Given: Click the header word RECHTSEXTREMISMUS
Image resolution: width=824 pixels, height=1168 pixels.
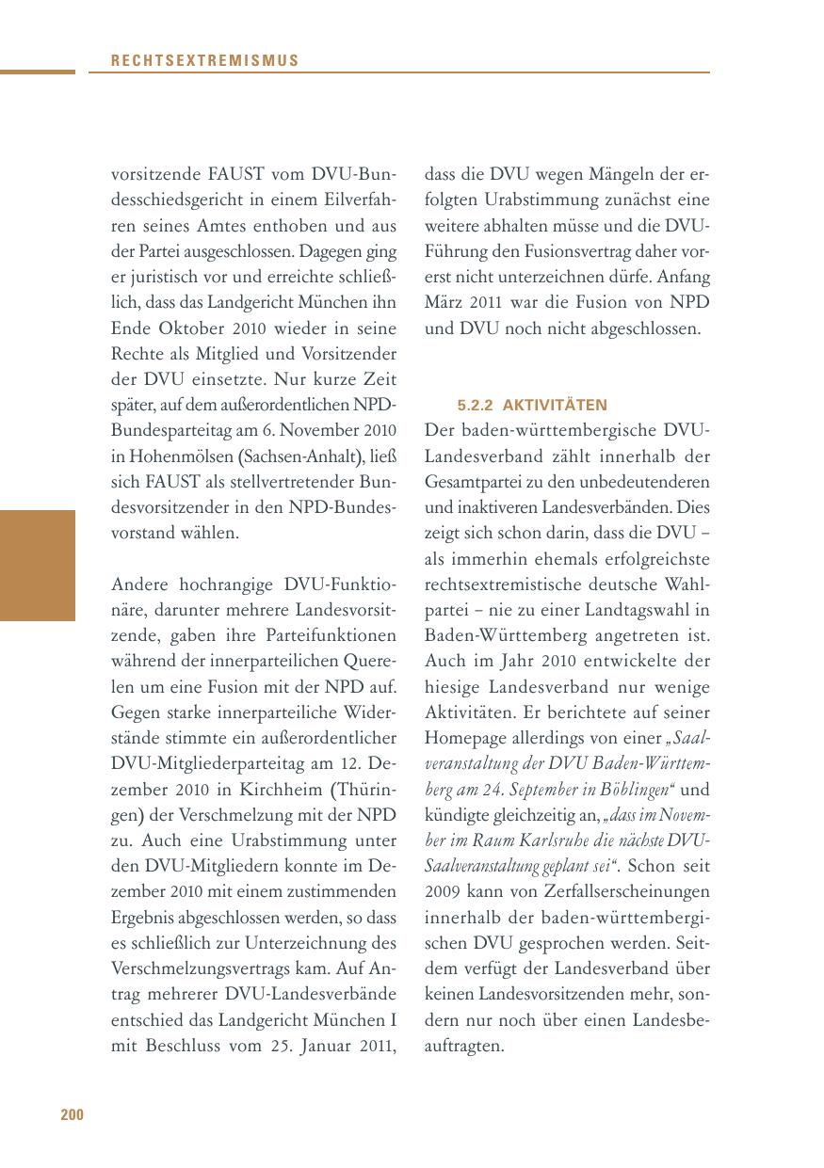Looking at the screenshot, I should (204, 60).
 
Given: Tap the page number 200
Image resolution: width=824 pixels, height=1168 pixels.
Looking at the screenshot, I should (73, 1115).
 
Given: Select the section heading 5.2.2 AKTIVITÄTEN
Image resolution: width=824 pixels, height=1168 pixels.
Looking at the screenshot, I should (532, 406).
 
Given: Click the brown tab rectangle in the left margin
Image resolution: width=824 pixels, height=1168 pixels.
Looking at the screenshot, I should (38, 566).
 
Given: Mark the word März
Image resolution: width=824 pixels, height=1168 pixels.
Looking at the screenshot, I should (445, 304).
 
